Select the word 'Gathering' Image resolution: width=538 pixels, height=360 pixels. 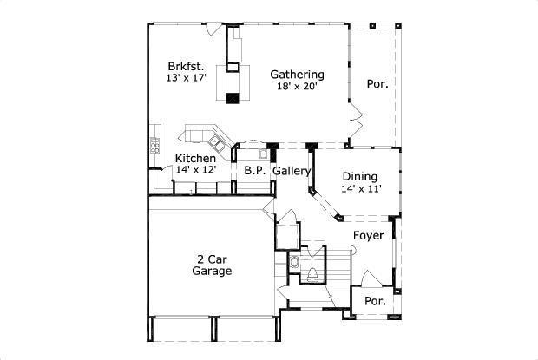pos(297,74)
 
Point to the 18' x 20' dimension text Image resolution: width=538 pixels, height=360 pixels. pos(297,87)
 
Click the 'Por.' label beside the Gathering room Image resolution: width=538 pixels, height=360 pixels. pos(377,84)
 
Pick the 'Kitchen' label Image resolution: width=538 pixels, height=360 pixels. pos(195,158)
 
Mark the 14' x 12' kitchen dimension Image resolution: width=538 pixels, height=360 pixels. pos(195,170)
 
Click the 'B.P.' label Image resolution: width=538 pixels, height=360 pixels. pos(254,171)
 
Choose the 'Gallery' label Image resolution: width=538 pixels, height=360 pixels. pos(292,171)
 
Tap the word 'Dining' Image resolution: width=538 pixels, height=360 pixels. pos(359,176)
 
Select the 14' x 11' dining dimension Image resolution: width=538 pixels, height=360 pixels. pos(361,189)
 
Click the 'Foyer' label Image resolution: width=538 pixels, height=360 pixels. pos(368,235)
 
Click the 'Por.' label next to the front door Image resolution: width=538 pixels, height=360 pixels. pos(374,301)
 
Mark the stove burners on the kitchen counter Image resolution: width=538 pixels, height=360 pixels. pos(156,145)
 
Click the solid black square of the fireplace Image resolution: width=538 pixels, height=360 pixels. pos(232,98)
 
